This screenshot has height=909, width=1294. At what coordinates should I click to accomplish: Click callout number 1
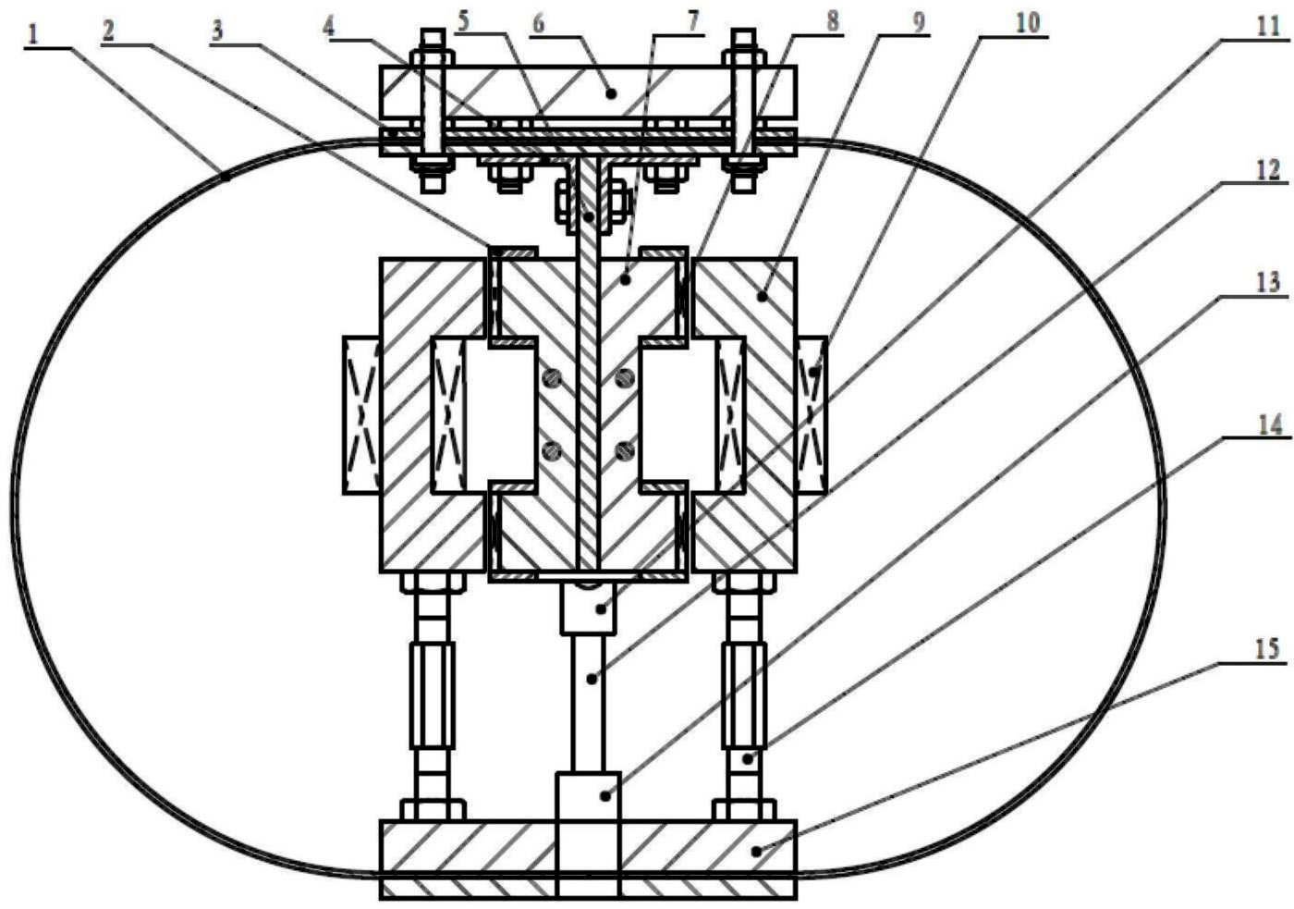33,36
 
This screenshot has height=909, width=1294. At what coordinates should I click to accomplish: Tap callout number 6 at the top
538,24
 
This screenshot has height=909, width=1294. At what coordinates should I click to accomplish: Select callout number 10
1027,23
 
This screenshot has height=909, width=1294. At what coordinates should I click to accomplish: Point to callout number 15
1268,649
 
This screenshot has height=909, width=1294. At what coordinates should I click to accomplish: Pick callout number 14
1271,425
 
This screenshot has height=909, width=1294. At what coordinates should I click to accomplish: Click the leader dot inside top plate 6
611,92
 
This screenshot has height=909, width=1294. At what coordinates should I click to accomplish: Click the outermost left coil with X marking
361,415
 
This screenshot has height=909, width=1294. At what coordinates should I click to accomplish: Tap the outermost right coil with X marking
812,415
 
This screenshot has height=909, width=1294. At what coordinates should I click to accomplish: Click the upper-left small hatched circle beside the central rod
553,379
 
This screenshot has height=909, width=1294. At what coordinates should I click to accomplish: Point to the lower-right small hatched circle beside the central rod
624,449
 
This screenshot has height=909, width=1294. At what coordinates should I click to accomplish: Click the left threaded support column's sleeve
433,695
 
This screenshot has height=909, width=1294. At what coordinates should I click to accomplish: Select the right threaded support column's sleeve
745,695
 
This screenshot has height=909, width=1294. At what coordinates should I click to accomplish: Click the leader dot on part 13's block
605,796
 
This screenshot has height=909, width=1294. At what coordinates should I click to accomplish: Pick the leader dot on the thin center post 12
592,679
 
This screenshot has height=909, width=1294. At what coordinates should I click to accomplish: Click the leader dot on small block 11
602,608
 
